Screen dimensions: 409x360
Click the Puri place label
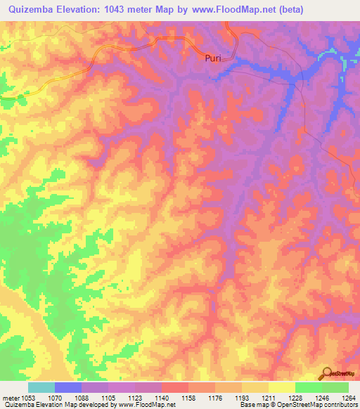click(x=212, y=58)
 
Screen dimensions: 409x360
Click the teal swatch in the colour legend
click(x=41, y=387)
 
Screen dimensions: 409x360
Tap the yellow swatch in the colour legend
click(x=281, y=387)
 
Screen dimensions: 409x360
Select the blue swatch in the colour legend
click(x=68, y=387)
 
